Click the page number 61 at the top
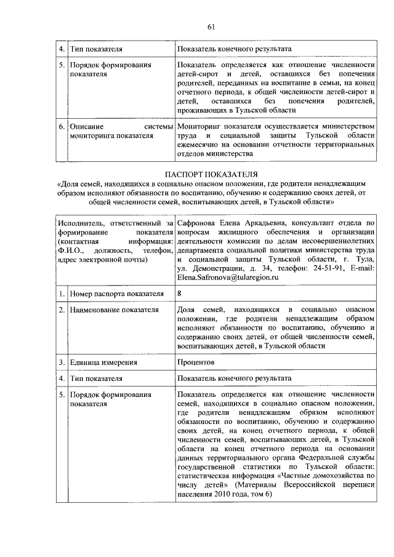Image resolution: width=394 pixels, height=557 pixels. [211, 26]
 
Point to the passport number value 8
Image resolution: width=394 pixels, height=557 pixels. [179, 294]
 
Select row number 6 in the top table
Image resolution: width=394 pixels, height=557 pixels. [62, 126]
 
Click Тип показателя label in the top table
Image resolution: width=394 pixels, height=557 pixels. [96, 49]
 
